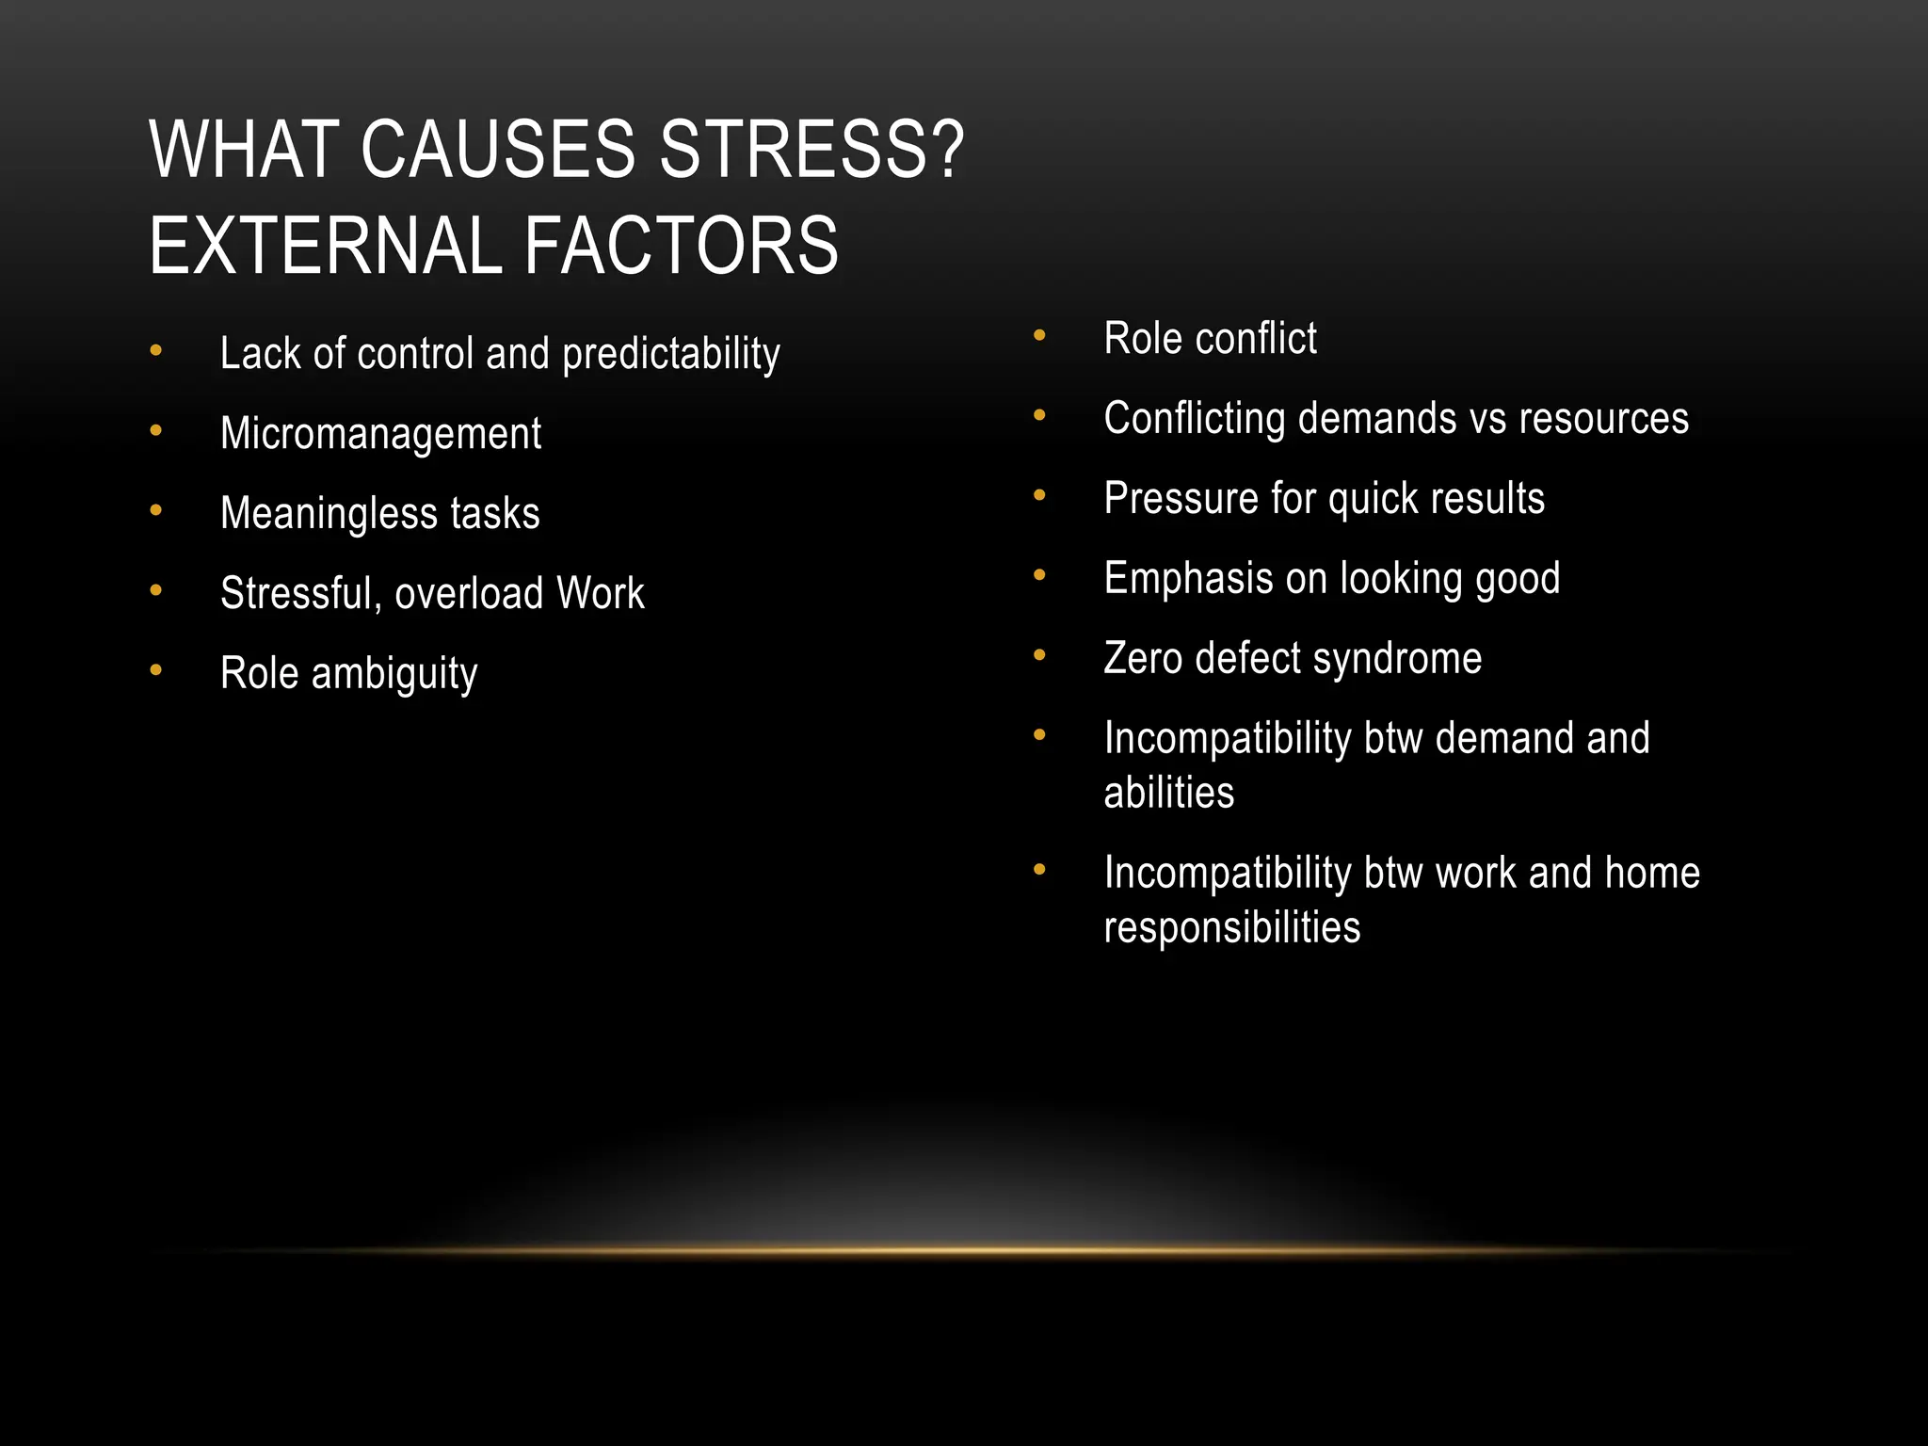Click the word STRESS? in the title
[x=811, y=150]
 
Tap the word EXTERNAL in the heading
[x=326, y=246]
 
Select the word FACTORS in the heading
[x=681, y=246]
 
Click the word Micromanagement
[x=380, y=434]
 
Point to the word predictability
[x=671, y=355]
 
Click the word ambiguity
[x=394, y=674]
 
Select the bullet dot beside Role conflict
[x=1039, y=335]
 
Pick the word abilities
[x=1168, y=793]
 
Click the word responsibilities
[x=1231, y=928]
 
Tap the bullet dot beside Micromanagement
[x=156, y=431]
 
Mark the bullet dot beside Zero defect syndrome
[x=1039, y=655]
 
